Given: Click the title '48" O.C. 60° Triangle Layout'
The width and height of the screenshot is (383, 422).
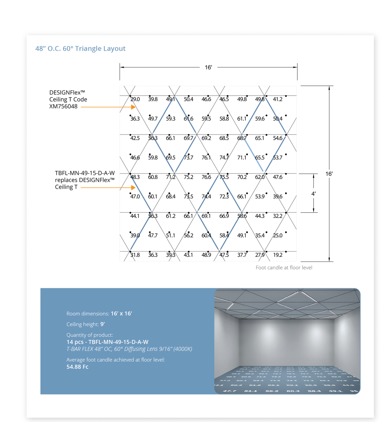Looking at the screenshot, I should click(80, 49).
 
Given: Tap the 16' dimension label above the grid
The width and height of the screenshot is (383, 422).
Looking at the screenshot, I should click(208, 67).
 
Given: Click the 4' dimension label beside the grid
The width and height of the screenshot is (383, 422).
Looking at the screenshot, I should click(313, 194).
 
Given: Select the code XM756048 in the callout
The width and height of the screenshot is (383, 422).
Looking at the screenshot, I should click(63, 106).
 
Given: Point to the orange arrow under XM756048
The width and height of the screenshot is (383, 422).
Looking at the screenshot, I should click(108, 107).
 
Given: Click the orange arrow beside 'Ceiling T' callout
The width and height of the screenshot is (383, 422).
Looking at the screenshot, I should click(108, 188).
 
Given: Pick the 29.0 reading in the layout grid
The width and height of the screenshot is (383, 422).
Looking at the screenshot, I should click(135, 99).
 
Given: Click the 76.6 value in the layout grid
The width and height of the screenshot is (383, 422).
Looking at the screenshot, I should click(206, 177).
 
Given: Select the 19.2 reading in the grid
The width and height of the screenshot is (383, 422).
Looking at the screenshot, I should click(278, 255).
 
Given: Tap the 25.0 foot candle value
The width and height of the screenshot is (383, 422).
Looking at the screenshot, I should click(278, 235).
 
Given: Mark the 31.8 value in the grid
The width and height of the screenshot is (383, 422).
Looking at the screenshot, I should click(135, 255).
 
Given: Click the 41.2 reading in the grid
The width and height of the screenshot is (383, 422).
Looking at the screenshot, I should click(278, 99).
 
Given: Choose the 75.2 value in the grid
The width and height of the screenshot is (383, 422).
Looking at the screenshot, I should click(188, 177).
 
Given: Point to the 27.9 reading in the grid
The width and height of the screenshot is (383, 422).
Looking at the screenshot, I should click(260, 255).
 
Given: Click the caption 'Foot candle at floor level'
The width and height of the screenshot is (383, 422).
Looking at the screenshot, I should click(284, 268).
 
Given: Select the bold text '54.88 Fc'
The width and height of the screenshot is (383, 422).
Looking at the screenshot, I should click(77, 367).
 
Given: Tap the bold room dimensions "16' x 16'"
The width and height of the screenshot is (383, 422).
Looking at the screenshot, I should click(121, 313).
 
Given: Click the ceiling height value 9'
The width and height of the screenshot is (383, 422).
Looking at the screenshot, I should click(103, 324).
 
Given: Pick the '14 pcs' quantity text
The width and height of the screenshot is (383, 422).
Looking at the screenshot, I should click(75, 342).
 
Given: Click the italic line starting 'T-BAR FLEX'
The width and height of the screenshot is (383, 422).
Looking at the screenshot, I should click(129, 349).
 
